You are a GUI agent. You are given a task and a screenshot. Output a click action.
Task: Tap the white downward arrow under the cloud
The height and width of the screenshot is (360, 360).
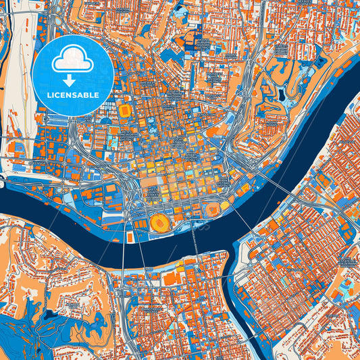point(72,80)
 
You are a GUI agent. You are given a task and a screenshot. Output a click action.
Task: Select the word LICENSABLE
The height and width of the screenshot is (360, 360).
point(72,95)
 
